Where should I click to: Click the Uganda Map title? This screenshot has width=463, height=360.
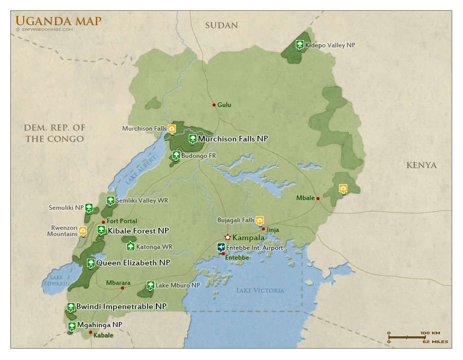pos(58,21)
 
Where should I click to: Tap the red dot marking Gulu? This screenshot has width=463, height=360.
pos(214,105)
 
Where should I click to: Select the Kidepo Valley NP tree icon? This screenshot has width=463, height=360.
pos(299,45)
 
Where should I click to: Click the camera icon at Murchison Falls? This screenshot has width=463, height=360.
pos(172,128)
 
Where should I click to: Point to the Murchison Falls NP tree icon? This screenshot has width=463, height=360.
pos(192,138)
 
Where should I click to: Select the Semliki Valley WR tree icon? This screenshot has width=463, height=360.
pos(110,200)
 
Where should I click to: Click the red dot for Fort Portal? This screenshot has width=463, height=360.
pos(103,222)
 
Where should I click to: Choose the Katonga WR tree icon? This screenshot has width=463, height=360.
pos(131,246)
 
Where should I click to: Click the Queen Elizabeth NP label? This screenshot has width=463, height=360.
pos(133,263)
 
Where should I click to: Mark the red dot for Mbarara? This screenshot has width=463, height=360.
pos(122,288)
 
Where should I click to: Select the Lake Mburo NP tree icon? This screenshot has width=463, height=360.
pos(150,285)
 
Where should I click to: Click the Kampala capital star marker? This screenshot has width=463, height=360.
pos(227,238)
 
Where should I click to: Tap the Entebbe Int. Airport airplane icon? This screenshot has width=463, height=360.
pos(221,247)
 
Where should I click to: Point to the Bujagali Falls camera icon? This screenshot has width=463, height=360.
pos(260,220)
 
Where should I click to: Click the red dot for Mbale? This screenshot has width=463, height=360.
pos(318,199)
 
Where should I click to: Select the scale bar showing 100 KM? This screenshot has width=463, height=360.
pos(407,337)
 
